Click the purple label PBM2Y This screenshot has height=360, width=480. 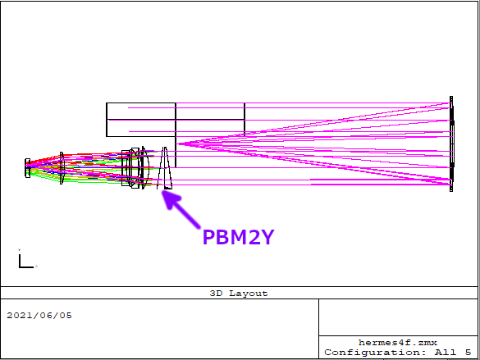(x=238, y=237)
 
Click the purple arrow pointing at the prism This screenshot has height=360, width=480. (x=181, y=209)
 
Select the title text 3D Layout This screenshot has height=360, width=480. (x=239, y=294)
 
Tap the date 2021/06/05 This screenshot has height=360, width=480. (x=39, y=316)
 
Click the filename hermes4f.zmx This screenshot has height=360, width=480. (x=398, y=343)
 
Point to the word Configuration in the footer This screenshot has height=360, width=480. (x=375, y=353)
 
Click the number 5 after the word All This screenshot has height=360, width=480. (x=468, y=353)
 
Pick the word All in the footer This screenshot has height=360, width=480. (x=446, y=353)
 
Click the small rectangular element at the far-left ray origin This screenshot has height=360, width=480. (x=28, y=168)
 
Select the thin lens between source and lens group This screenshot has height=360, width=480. (x=62, y=168)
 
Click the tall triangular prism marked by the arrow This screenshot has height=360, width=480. (x=165, y=168)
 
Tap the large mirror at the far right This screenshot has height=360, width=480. (x=451, y=144)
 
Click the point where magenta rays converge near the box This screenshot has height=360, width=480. (x=177, y=144)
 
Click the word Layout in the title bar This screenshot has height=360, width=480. (x=249, y=294)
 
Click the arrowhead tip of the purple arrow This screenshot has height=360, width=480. (x=162, y=190)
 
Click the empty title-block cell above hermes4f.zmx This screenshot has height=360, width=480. (x=398, y=317)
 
